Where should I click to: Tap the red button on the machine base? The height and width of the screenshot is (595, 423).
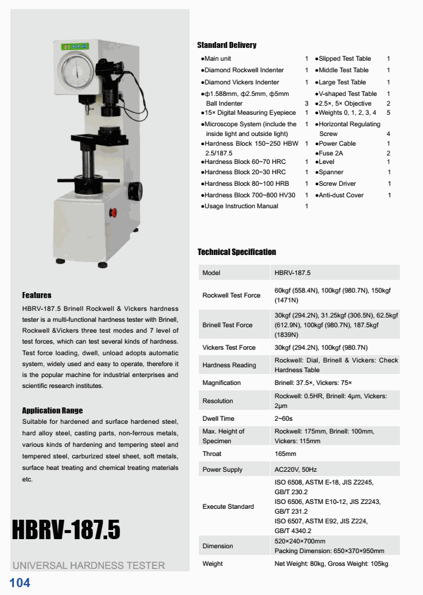[x=112, y=212]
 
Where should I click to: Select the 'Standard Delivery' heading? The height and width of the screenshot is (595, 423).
[x=227, y=45]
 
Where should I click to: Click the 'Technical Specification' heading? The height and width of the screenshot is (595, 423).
[x=236, y=252]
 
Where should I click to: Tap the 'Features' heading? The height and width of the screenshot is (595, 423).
[x=36, y=295]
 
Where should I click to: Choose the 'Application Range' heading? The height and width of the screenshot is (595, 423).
[x=52, y=410]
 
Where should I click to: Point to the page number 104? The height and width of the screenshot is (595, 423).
[x=19, y=583]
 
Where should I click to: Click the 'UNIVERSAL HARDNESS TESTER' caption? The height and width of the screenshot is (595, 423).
[x=89, y=565]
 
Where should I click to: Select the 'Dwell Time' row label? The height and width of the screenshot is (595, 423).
[x=218, y=418]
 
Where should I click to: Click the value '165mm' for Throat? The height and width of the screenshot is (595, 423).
[x=285, y=454]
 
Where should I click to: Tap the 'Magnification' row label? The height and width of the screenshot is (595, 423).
[x=221, y=382]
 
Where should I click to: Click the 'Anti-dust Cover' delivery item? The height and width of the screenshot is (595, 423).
[x=341, y=195]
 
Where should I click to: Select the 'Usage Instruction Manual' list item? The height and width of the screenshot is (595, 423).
[x=241, y=206]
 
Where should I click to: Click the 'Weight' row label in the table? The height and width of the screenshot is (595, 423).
[x=212, y=563]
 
